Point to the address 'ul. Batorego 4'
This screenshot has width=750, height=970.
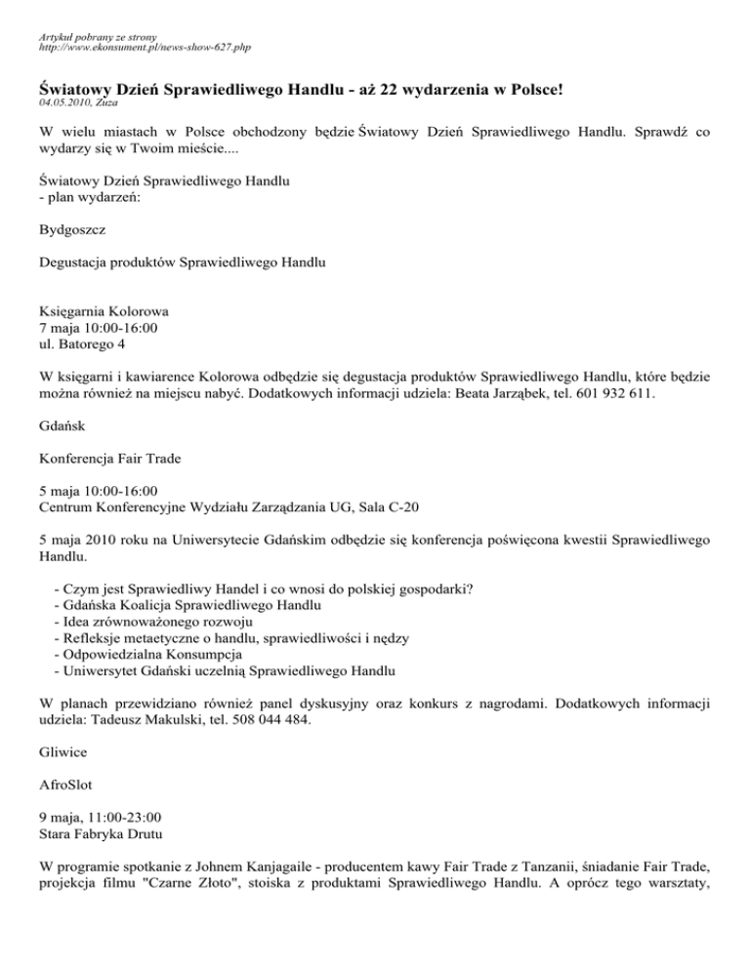click(x=81, y=344)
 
